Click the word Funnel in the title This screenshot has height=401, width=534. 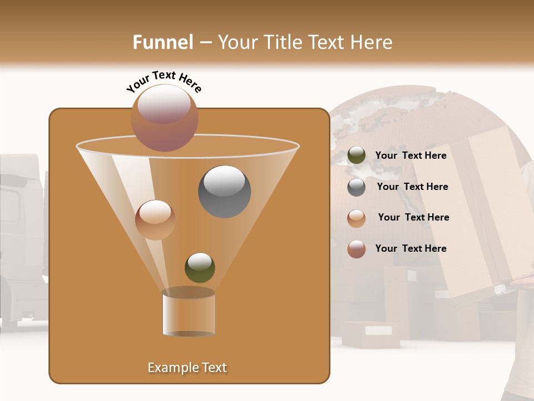(163, 42)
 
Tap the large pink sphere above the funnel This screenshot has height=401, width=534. (165, 118)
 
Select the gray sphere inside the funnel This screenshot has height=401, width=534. (225, 192)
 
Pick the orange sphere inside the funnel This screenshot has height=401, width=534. (155, 220)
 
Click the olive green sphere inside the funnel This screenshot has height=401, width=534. (200, 267)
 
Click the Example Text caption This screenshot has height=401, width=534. (187, 368)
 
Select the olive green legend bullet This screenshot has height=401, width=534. (357, 155)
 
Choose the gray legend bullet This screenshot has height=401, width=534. (357, 187)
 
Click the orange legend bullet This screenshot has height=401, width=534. (357, 218)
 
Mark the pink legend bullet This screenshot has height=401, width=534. (357, 249)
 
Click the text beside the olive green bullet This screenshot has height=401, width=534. (411, 156)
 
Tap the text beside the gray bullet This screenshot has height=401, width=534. (412, 187)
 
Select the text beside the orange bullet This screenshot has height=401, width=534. (413, 217)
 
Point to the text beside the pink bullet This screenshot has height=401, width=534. (411, 248)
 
